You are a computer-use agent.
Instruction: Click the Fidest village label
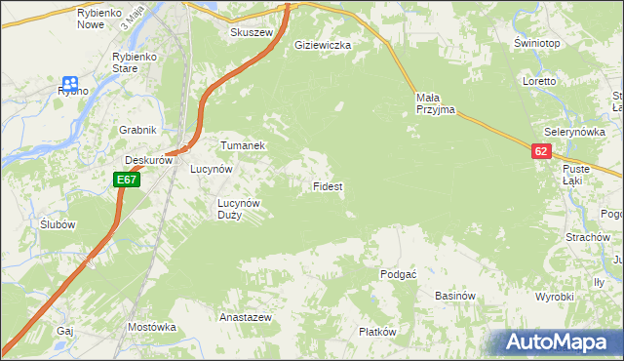pos(327,185)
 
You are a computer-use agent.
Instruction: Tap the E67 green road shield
pos(127,180)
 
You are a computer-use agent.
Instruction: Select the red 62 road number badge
pos(542,151)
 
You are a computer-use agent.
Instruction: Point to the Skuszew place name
pos(249,32)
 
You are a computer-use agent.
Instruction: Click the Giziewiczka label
pos(323,45)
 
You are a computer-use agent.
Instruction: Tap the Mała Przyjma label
pos(435,103)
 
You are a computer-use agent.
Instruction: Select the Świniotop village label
pos(536,44)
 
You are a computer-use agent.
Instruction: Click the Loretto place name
pos(538,81)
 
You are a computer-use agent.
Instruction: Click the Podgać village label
pos(398,275)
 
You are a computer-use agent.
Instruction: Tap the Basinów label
pos(454,296)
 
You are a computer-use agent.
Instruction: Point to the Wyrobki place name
pos(555,296)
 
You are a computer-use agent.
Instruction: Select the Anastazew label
pos(245,318)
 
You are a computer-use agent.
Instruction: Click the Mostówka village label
pos(150,327)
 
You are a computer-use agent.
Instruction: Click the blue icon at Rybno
pos(70,84)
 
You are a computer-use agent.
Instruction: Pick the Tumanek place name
pos(243,145)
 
